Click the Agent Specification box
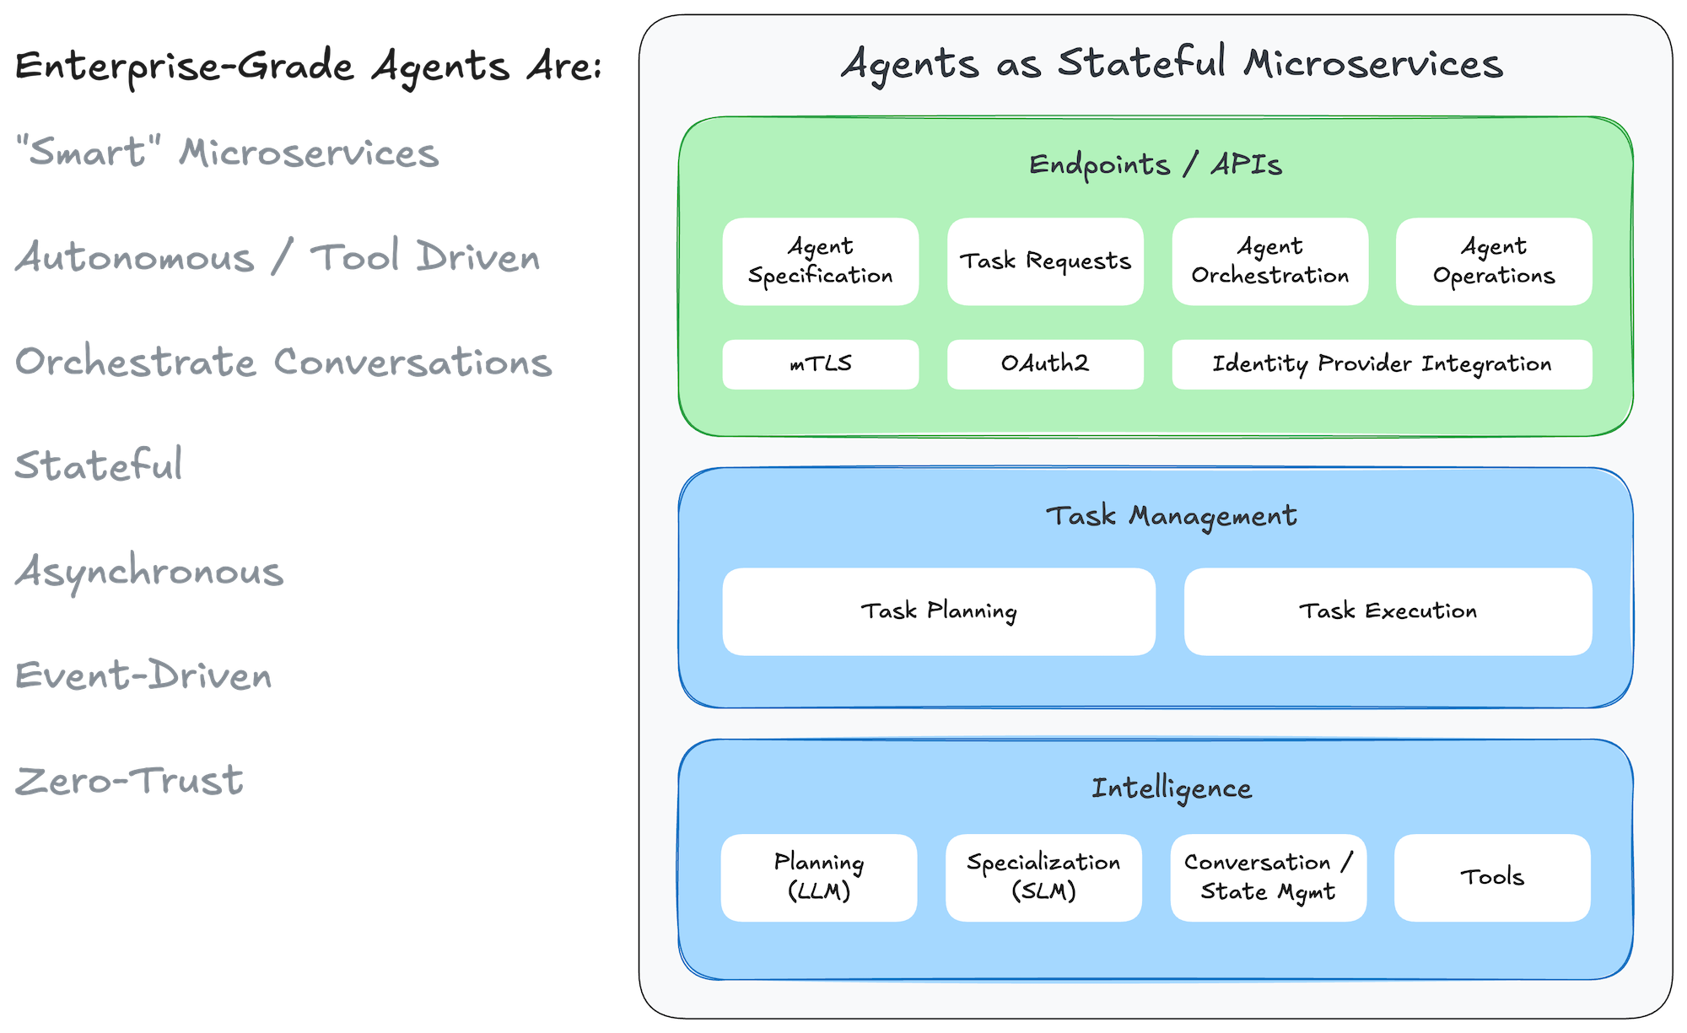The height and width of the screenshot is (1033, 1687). [820, 261]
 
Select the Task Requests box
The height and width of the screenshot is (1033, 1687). [1045, 261]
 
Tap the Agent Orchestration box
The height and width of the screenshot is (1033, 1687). [1269, 261]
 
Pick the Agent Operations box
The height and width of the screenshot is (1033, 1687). [1494, 261]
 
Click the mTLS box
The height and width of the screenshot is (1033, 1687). [820, 364]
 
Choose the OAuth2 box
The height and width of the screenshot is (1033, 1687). [1045, 364]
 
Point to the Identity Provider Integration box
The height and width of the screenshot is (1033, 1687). [1382, 364]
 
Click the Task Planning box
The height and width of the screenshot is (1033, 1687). [938, 611]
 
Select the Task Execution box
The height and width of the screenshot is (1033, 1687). [1388, 611]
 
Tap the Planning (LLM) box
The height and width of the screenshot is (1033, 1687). [818, 878]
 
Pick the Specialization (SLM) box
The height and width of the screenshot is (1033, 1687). [1043, 878]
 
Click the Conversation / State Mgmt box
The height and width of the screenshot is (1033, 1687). [1268, 878]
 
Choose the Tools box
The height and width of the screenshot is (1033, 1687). [1492, 878]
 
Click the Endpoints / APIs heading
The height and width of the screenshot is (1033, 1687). [1155, 164]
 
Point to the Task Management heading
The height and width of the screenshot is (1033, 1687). [1171, 516]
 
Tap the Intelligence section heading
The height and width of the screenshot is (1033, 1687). [1171, 788]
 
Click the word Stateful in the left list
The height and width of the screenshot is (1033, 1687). [99, 465]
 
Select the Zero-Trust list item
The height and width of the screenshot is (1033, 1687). [129, 781]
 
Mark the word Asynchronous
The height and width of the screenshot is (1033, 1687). [149, 572]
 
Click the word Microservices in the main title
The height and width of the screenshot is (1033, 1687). [1372, 64]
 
